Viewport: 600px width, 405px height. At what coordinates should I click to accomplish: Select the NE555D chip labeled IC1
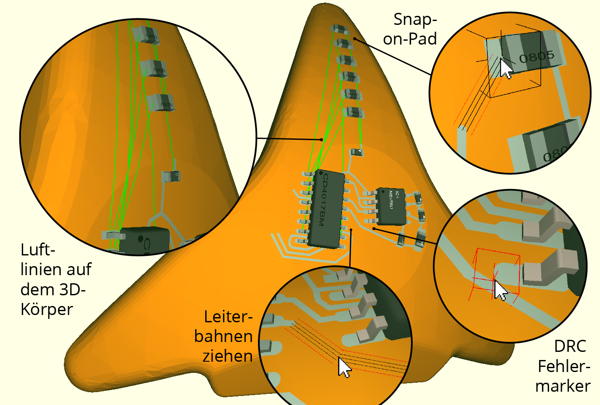(x=391, y=206)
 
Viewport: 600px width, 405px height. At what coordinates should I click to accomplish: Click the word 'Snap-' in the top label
(x=414, y=19)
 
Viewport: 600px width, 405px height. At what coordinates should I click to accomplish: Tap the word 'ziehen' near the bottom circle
(x=227, y=356)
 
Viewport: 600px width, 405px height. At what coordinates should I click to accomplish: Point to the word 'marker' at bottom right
(x=563, y=386)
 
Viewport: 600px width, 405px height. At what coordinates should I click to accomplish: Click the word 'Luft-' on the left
(x=38, y=249)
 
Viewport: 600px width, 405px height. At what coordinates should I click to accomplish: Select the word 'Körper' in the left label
(x=47, y=309)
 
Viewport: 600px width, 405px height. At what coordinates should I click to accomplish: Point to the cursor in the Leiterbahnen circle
(x=344, y=367)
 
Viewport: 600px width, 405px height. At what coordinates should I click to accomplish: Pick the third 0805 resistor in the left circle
(x=161, y=103)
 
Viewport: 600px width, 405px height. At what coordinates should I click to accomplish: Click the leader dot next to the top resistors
(x=354, y=39)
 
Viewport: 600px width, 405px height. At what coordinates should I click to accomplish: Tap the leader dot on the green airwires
(x=322, y=139)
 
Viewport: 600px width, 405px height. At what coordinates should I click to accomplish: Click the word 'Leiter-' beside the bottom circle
(x=228, y=316)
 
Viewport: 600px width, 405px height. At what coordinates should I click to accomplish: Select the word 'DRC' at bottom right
(x=570, y=346)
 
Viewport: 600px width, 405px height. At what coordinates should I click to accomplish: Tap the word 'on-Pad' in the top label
(x=410, y=39)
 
